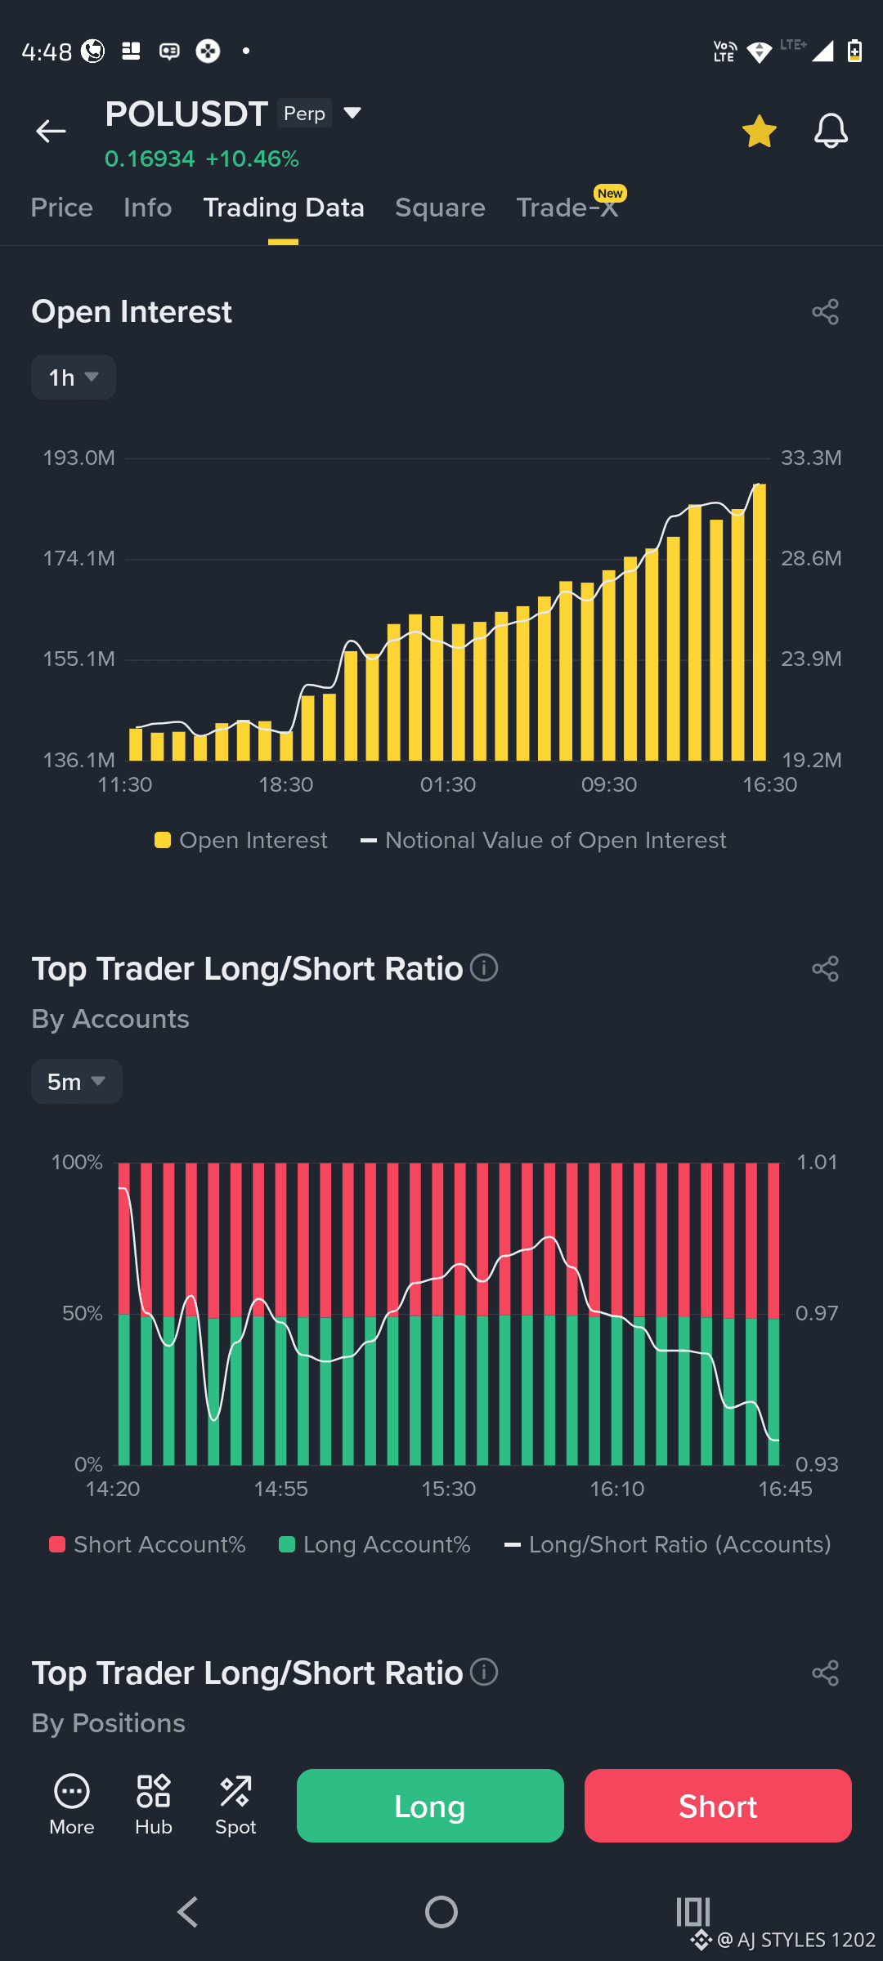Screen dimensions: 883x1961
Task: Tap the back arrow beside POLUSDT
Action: (51, 131)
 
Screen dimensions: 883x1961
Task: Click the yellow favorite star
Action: (760, 131)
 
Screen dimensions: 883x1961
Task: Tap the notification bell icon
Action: (831, 131)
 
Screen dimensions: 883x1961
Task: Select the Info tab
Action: (148, 208)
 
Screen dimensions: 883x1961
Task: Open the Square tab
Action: (440, 208)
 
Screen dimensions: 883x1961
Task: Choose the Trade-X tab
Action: (567, 208)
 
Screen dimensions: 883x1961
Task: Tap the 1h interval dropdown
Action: (74, 377)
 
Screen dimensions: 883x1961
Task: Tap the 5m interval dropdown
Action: (77, 1082)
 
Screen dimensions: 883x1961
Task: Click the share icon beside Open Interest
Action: (826, 312)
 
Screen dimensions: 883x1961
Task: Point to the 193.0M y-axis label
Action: (79, 458)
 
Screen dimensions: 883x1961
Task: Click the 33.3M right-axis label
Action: (811, 458)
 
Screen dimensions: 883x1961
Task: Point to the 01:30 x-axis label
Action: (448, 784)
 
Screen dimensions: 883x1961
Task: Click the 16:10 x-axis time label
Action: (617, 1489)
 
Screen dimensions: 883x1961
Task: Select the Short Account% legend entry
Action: (147, 1544)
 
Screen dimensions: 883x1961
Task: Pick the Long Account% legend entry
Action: (374, 1544)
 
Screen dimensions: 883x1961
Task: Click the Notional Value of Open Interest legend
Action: (544, 841)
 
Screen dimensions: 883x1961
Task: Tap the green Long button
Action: (430, 1806)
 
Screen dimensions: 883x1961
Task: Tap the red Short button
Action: (718, 1806)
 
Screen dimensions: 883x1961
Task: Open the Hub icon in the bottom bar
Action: (154, 1804)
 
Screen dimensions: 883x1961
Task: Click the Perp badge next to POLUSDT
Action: (304, 114)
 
